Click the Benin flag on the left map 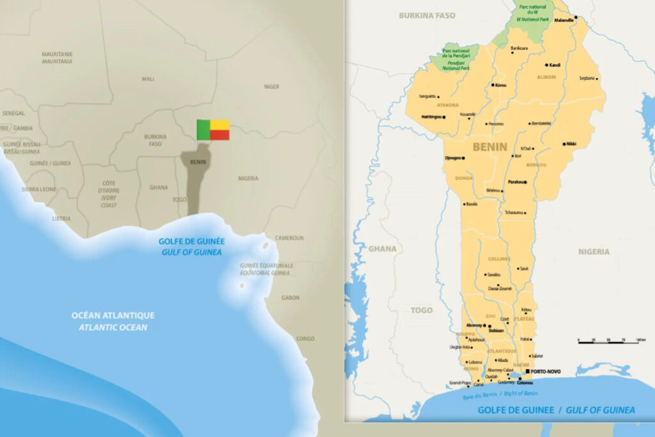coord(213,129)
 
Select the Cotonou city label coord(525,383)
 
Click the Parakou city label coord(516,182)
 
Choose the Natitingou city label coord(432,117)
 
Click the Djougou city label coord(454,157)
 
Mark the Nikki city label coord(571,144)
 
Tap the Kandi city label coord(555,65)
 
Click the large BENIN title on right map coord(489,147)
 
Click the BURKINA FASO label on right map coord(427,15)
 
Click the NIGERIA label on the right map coord(594,251)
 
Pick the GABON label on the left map coord(290,298)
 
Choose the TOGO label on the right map coord(422,310)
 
